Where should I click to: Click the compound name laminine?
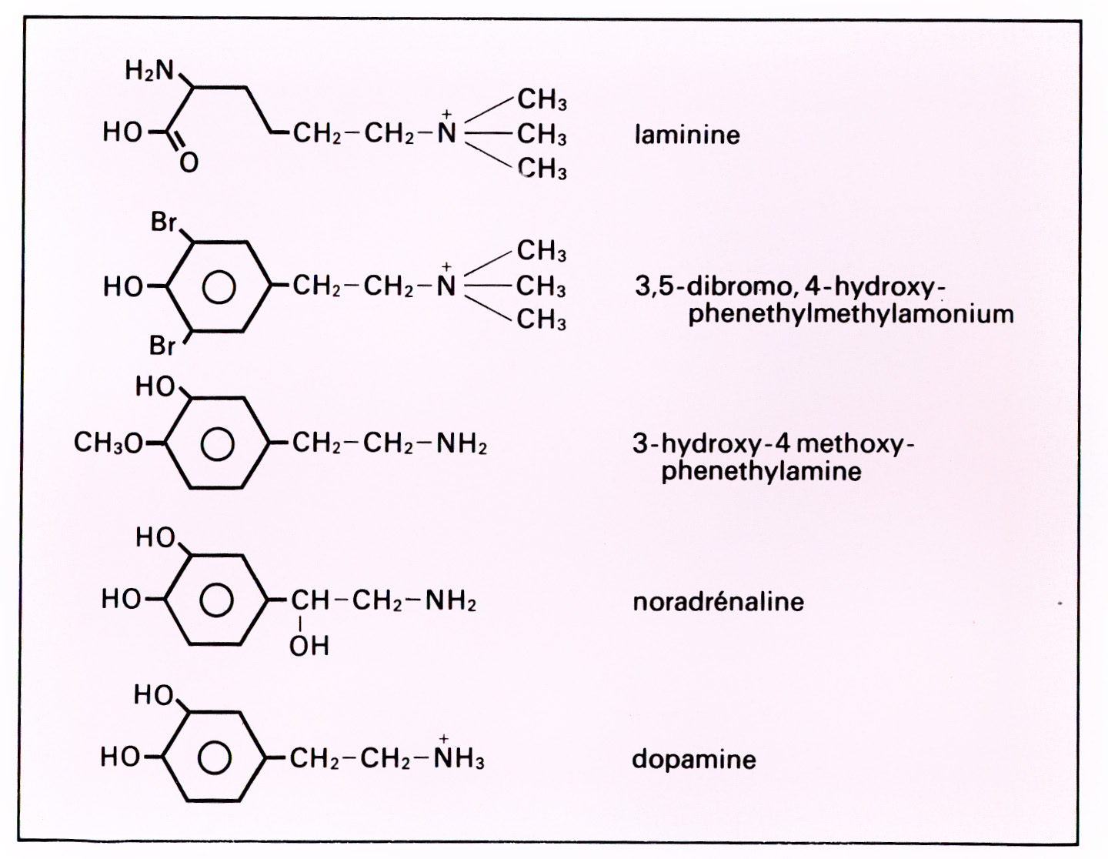tap(687, 135)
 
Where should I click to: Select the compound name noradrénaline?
tap(718, 601)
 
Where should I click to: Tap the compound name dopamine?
tap(693, 760)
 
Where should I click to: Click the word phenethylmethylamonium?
tap(850, 314)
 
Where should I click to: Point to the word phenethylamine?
tap(761, 471)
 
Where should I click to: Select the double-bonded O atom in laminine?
tap(189, 162)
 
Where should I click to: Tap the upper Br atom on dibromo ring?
tap(163, 222)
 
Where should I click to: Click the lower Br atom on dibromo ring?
tap(162, 346)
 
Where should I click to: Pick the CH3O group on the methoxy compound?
tap(108, 443)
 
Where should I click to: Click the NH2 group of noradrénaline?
tap(451, 601)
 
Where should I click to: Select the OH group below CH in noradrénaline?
tap(309, 646)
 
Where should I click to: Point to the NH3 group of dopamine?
tap(459, 760)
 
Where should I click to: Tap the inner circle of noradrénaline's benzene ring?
tap(217, 600)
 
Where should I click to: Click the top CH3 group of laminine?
tap(542, 100)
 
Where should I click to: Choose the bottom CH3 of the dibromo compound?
tap(541, 319)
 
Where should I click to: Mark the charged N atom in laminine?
tap(446, 135)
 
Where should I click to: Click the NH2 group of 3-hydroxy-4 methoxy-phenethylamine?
tap(462, 444)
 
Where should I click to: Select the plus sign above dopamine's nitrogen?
tap(444, 739)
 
